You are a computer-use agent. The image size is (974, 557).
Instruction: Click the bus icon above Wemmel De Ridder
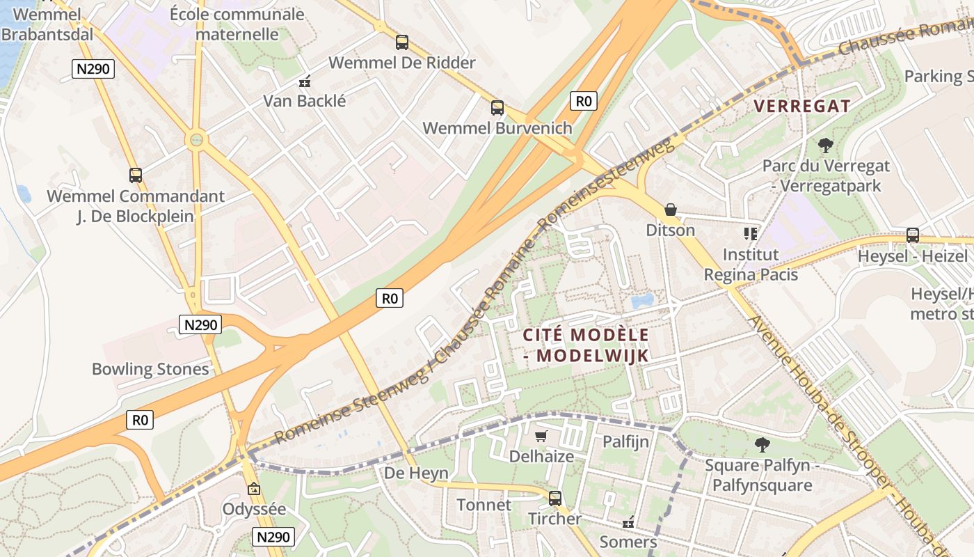coord(402,42)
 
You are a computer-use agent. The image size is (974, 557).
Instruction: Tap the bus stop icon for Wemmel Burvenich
coord(497,107)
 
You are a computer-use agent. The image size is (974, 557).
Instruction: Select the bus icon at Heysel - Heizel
coord(912,235)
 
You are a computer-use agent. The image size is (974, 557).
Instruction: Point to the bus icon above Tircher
coord(554,499)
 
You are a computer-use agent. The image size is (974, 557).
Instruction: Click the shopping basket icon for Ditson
coord(671,210)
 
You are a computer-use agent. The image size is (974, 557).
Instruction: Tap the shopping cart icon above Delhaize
coord(541,437)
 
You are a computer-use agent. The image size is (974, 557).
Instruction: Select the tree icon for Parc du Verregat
coord(826,146)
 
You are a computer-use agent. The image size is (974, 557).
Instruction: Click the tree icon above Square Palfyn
coord(763,444)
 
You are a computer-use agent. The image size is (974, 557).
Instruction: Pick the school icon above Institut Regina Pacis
coord(750,233)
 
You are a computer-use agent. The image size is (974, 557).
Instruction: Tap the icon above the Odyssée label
coord(253,489)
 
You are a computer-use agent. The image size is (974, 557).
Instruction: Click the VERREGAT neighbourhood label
coord(802,107)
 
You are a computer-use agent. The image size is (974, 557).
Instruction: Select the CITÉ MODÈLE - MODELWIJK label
coord(586,345)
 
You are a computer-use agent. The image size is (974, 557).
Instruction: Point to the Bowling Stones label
coord(150,369)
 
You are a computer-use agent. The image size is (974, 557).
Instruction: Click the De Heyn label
coord(416,473)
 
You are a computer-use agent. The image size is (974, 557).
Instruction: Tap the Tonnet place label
coord(484,505)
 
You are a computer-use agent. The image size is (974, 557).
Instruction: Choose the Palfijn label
coord(625,441)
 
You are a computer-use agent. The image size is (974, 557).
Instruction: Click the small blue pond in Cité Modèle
coord(641,301)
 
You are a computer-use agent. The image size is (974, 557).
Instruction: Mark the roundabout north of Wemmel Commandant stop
coord(197,140)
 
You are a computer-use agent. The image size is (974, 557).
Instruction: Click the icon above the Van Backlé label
coord(304,82)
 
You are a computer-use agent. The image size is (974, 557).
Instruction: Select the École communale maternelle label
coord(237,24)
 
